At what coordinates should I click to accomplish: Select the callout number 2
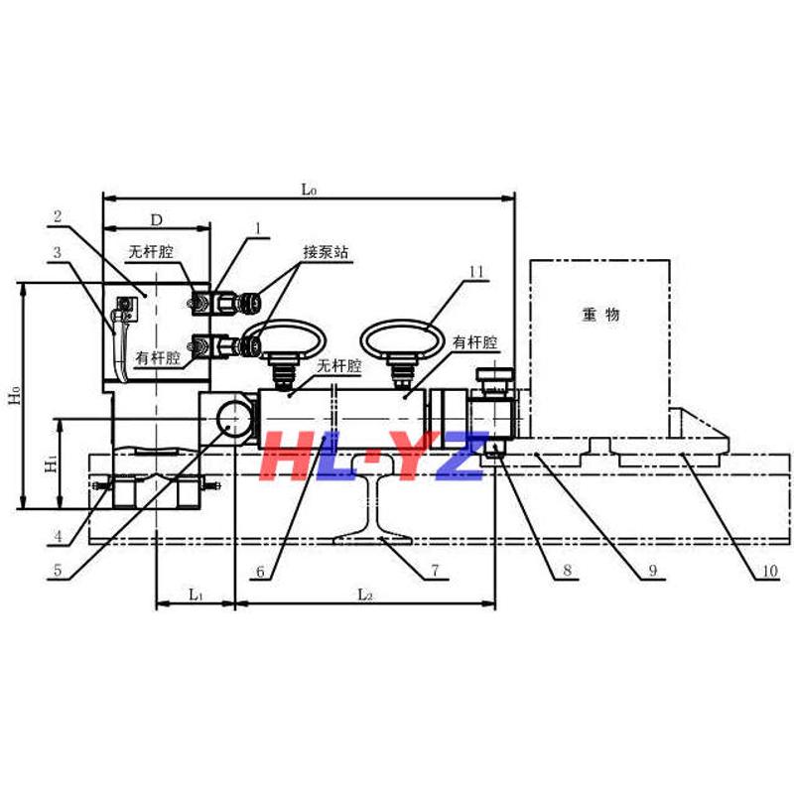pyautogui.click(x=59, y=214)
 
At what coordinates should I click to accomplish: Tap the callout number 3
pyautogui.click(x=59, y=253)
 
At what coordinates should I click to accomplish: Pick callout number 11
pyautogui.click(x=475, y=271)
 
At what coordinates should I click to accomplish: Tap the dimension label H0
pyautogui.click(x=13, y=396)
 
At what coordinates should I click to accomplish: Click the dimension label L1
pyautogui.click(x=196, y=595)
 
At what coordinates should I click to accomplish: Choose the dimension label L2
pyautogui.click(x=364, y=595)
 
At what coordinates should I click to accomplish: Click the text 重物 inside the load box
pyautogui.click(x=600, y=315)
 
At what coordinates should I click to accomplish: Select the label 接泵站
pyautogui.click(x=327, y=252)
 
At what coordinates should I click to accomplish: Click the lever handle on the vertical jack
pyautogui.click(x=119, y=342)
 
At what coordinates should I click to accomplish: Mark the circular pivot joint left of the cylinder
pyautogui.click(x=235, y=418)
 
